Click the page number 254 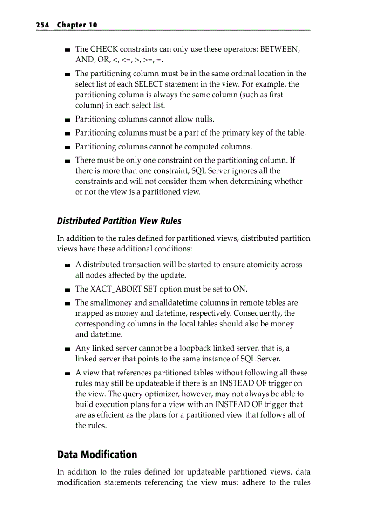point(42,25)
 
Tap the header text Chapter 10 point(77,25)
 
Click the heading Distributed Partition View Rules point(119,221)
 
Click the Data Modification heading point(97,455)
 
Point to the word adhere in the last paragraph point(252,482)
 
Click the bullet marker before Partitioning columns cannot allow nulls point(68,120)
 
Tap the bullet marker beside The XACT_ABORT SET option point(68,289)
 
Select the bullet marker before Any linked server point(68,349)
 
